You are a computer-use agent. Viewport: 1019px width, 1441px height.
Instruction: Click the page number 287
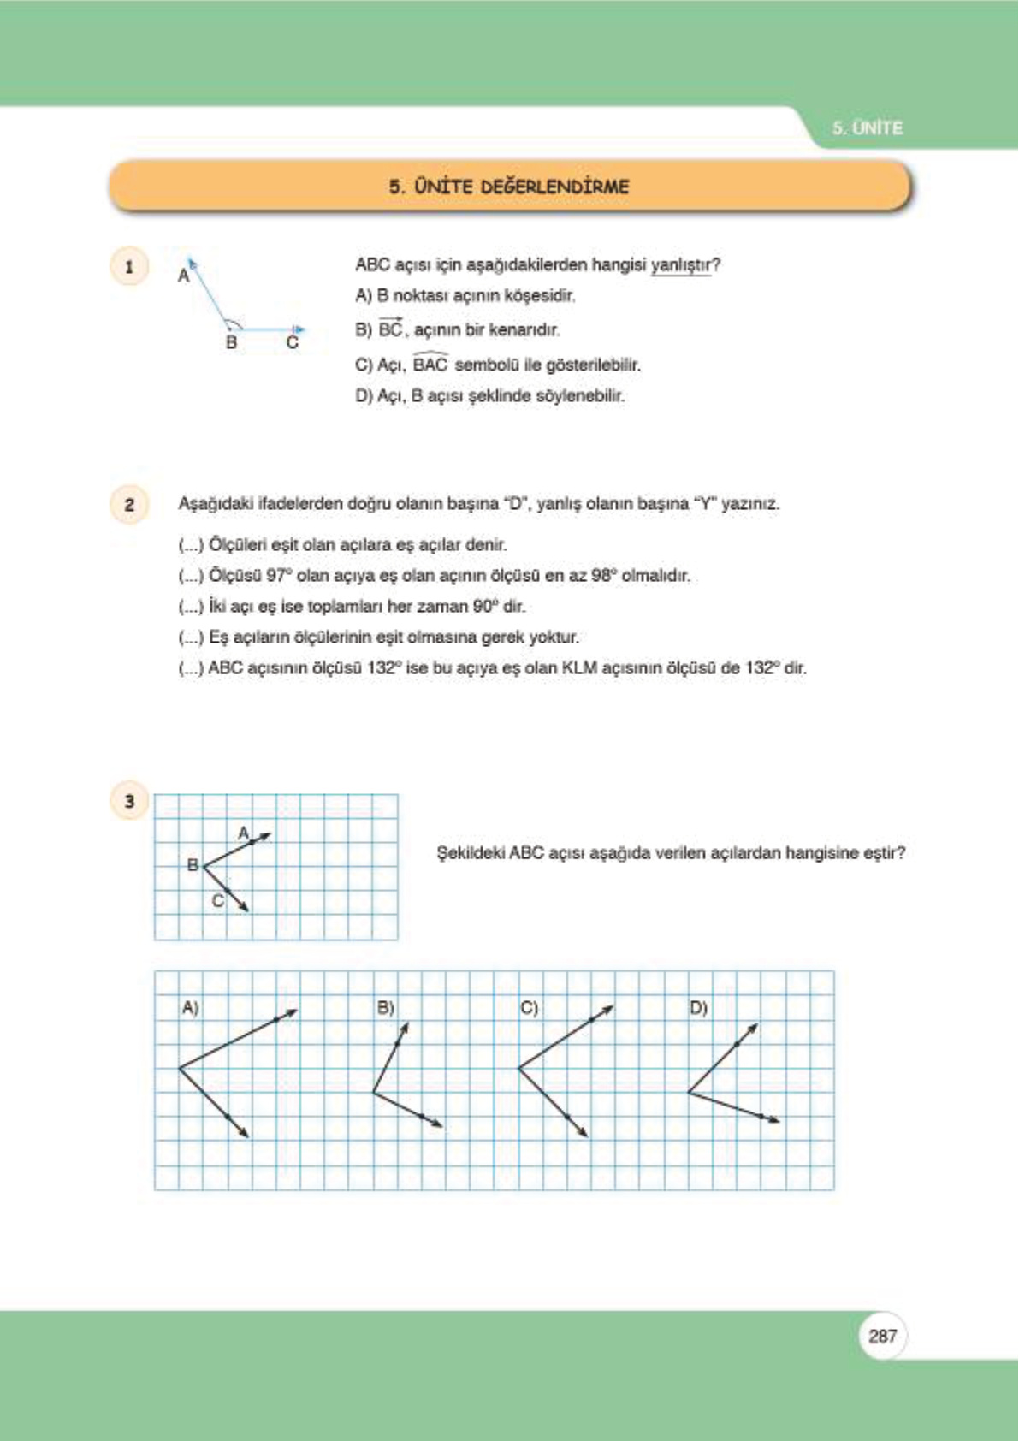click(882, 1336)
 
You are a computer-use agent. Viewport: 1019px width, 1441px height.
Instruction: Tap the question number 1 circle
click(129, 267)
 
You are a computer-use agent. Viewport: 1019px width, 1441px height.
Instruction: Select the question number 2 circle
click(129, 504)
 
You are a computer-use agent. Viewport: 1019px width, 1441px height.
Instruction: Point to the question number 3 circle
click(129, 801)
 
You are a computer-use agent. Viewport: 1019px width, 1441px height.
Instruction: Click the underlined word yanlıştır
click(681, 265)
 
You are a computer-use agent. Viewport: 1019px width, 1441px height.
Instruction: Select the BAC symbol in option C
click(430, 365)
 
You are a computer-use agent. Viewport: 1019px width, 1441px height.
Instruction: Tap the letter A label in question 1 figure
click(183, 276)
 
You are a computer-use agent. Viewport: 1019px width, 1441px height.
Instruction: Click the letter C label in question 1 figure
click(293, 343)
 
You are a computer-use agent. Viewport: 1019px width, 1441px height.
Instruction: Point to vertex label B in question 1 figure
click(231, 343)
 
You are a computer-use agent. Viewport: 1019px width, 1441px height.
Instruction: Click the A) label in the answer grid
click(190, 1008)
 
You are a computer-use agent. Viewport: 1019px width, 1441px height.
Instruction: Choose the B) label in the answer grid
click(386, 1008)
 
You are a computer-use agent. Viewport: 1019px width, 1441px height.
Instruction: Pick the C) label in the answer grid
click(530, 1008)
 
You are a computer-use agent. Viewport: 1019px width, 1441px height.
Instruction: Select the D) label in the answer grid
click(699, 1008)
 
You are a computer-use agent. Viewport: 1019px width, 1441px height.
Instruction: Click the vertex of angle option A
click(179, 1068)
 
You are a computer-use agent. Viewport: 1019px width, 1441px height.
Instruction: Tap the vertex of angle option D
click(689, 1092)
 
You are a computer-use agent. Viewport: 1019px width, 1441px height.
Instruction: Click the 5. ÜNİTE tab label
click(868, 128)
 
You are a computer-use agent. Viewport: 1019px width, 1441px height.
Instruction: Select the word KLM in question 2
click(579, 667)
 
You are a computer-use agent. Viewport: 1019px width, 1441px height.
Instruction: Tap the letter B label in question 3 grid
click(193, 865)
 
